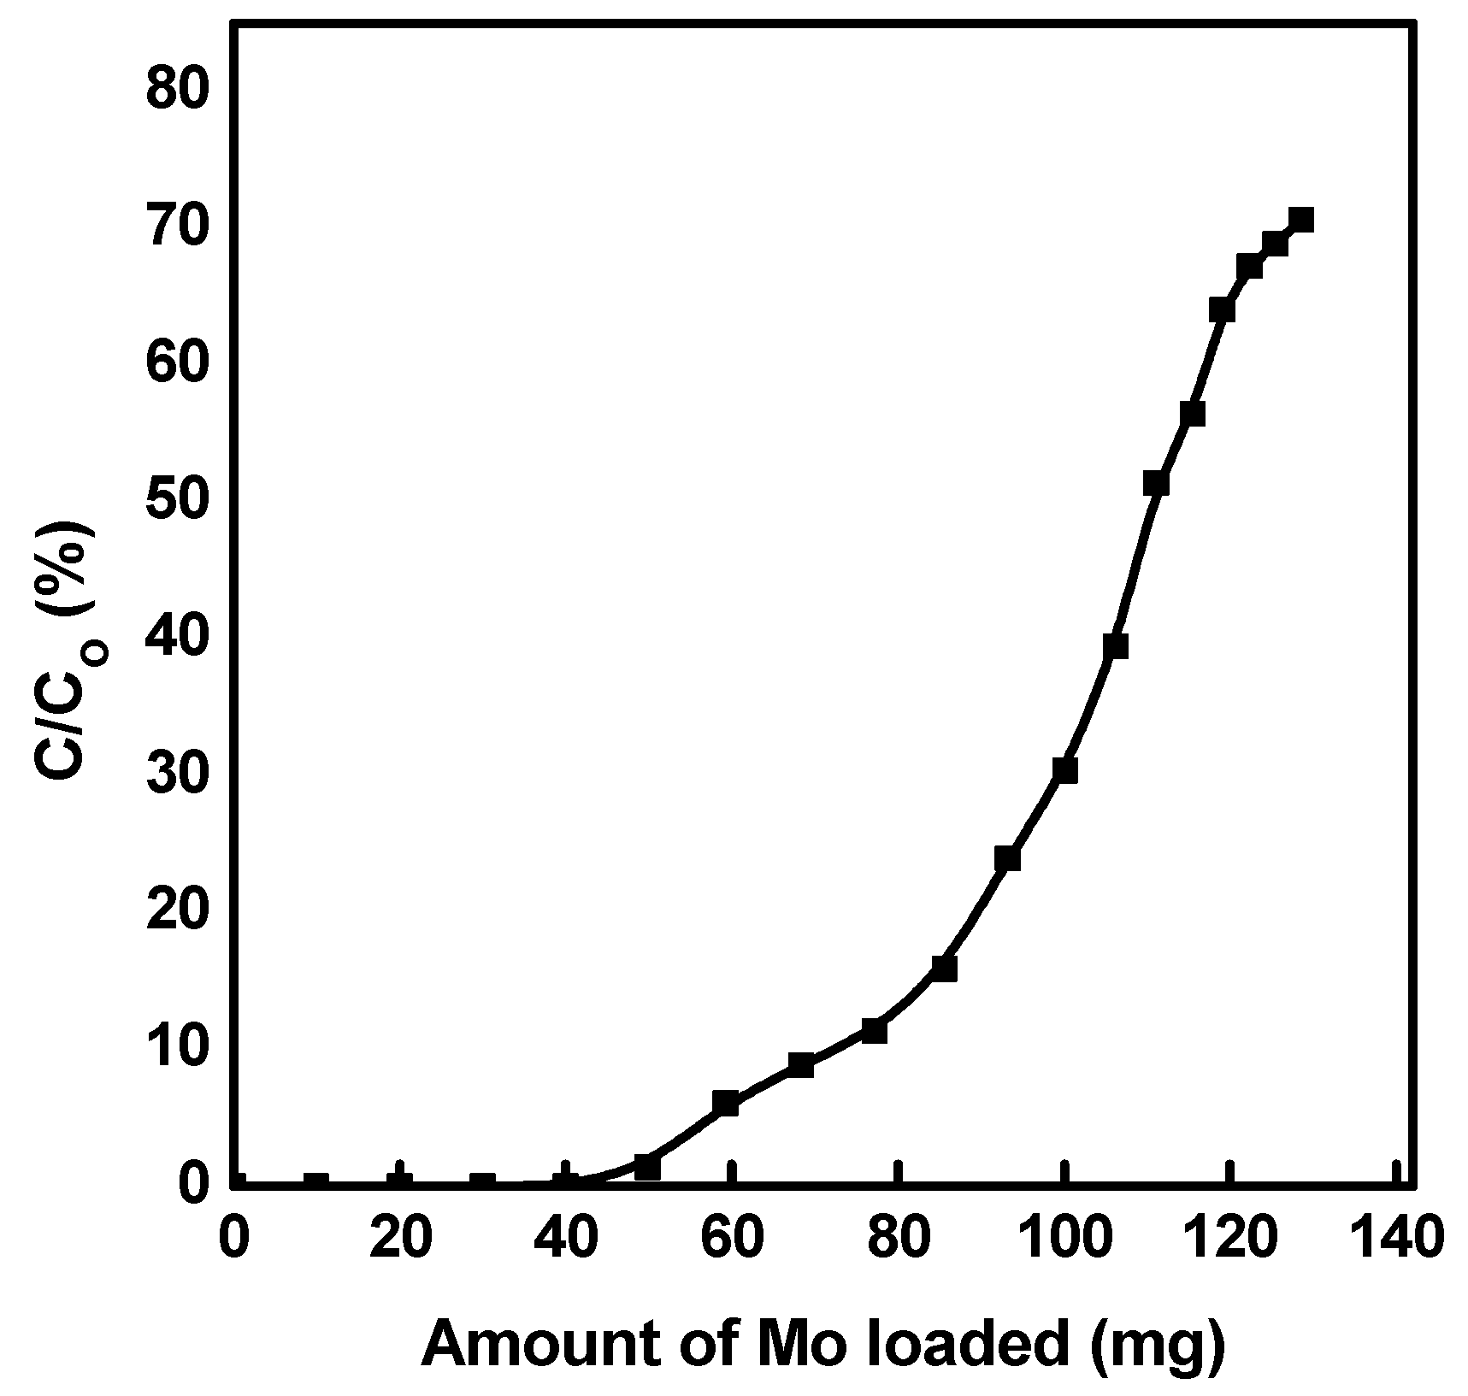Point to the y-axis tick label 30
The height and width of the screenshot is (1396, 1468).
coord(177,772)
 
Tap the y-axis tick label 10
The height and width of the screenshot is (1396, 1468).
coord(177,1046)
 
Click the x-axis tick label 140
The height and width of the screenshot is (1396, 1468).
coord(1396,1237)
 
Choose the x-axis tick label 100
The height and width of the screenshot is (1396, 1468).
coord(1064,1237)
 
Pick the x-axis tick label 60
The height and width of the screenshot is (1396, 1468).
coord(732,1237)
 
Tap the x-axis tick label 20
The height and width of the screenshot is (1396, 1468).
coord(399,1237)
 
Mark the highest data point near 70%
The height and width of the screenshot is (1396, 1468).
coord(1300,221)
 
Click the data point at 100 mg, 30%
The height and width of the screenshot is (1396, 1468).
coord(1064,770)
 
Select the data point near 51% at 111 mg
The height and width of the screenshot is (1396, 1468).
coord(1156,483)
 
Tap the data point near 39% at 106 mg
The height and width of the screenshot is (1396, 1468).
coord(1115,646)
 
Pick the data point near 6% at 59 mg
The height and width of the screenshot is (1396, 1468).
coord(725,1103)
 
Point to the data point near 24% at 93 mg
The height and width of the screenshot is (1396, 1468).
coord(1007,858)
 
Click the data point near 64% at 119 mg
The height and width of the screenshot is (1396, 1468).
coord(1222,309)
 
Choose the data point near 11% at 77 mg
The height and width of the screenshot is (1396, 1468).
coord(874,1031)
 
